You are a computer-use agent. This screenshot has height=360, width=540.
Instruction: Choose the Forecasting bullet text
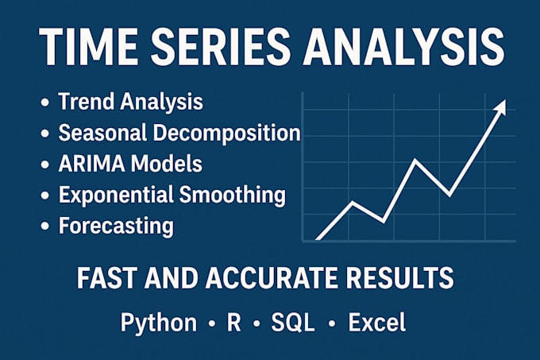116,225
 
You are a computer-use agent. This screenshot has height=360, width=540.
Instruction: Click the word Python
158,323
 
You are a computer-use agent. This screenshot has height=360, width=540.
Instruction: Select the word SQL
294,322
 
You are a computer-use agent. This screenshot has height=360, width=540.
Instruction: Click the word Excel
376,322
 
